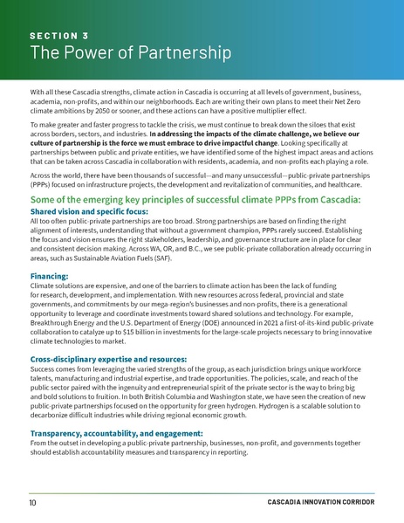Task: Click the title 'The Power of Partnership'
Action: [x=130, y=55]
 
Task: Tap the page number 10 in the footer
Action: [x=31, y=504]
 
